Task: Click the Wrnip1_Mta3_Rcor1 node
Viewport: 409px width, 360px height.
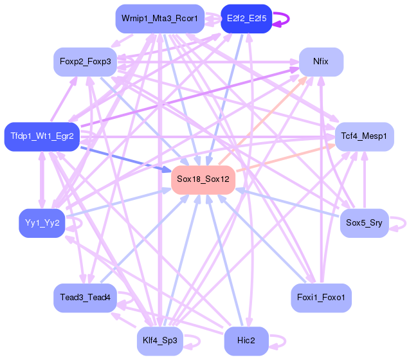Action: click(x=159, y=19)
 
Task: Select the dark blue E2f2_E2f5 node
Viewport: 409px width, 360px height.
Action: click(x=246, y=19)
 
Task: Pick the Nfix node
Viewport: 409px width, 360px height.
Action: click(x=320, y=62)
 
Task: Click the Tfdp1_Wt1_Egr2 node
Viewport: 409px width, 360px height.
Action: click(x=42, y=136)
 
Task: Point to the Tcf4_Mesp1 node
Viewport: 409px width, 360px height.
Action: click(x=364, y=136)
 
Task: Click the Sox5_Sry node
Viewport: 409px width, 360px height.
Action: click(x=364, y=223)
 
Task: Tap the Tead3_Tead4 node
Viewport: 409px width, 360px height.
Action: click(x=85, y=298)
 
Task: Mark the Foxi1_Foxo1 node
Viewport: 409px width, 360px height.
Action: click(x=321, y=298)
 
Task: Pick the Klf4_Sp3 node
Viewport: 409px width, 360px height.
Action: click(x=160, y=341)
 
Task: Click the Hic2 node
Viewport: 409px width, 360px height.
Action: click(x=246, y=341)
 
